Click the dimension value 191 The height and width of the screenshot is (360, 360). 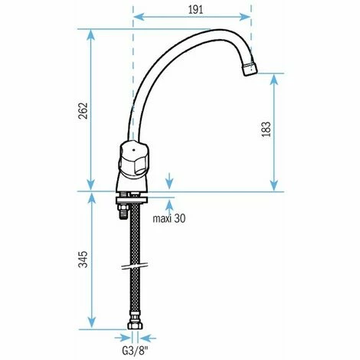click(x=195, y=10)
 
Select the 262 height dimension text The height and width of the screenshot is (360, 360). click(x=83, y=110)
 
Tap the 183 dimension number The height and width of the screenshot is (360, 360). click(x=267, y=129)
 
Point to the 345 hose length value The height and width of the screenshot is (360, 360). click(x=83, y=260)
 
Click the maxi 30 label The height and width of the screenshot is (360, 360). click(x=169, y=218)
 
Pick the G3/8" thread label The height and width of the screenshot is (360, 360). click(x=136, y=351)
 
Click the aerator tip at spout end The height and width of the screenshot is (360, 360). click(x=250, y=69)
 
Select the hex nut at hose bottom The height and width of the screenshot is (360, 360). click(x=135, y=326)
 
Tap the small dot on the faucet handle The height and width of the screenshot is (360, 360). click(x=133, y=150)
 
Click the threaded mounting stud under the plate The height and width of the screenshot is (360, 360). click(x=123, y=211)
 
